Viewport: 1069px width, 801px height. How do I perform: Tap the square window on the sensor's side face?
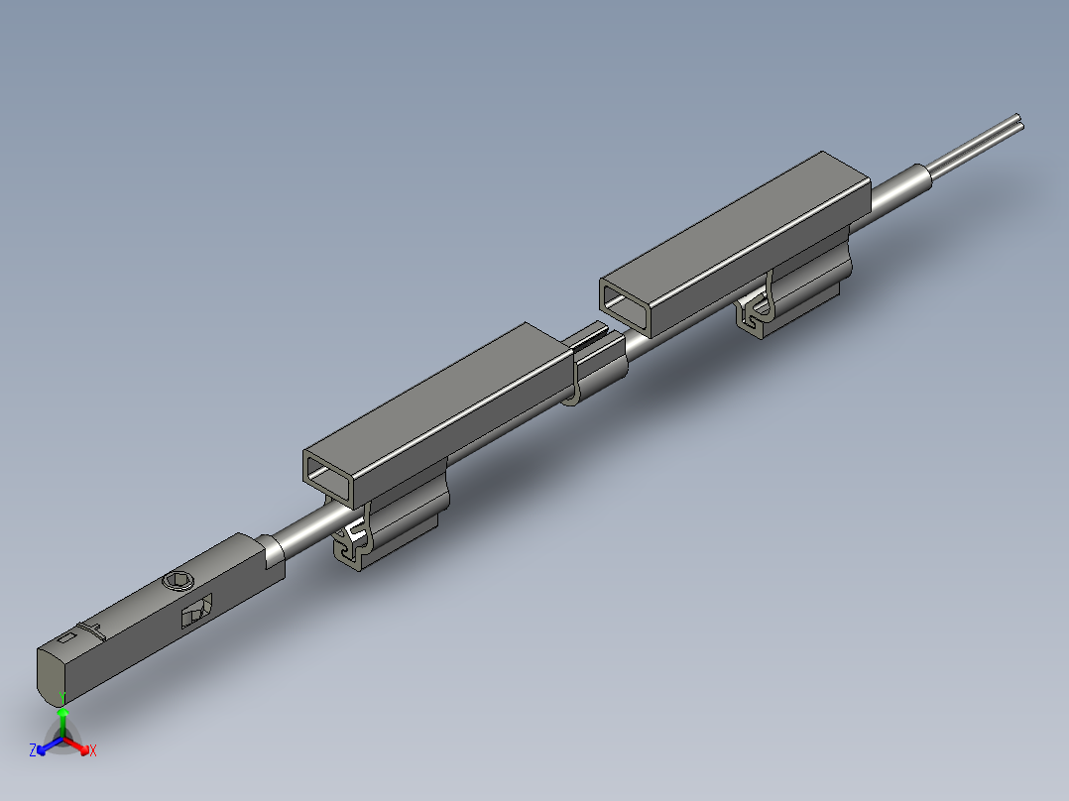point(196,612)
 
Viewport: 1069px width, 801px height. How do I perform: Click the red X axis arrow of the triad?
point(79,745)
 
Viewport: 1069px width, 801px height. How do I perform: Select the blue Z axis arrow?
point(46,745)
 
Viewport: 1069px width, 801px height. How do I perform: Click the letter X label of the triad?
point(93,751)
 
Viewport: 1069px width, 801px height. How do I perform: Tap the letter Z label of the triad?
point(33,750)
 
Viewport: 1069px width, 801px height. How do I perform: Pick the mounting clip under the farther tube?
point(793,297)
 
